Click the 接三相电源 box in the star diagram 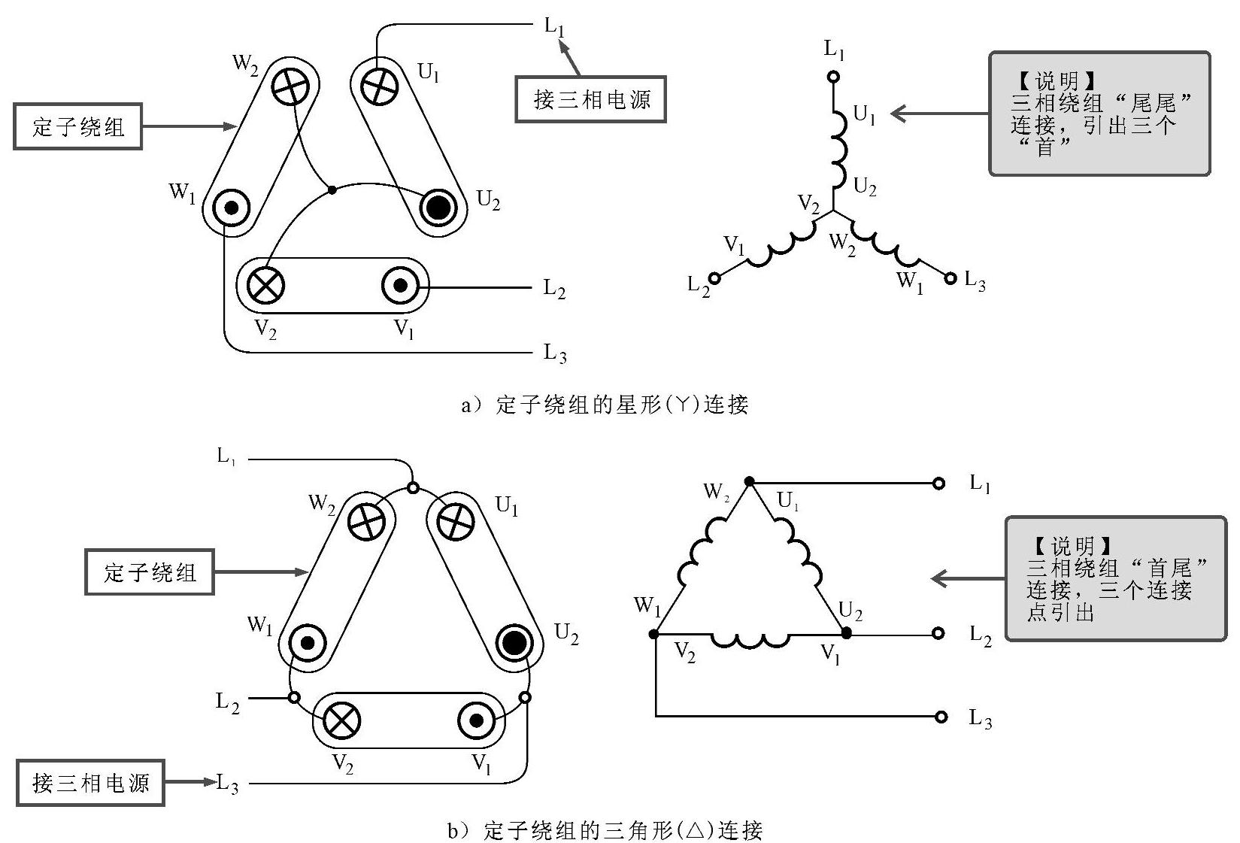[591, 99]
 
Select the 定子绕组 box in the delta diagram [150, 572]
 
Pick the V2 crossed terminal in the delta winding [341, 721]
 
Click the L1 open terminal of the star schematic [832, 76]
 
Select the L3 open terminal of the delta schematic [940, 717]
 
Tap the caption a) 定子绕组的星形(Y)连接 [605, 405]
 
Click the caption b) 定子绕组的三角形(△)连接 [605, 830]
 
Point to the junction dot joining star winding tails [332, 190]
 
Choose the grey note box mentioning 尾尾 [1099, 114]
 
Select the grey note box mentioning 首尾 [1115, 578]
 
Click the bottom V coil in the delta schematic [750, 640]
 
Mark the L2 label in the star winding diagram [554, 289]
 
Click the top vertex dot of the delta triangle [748, 481]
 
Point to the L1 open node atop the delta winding [412, 487]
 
